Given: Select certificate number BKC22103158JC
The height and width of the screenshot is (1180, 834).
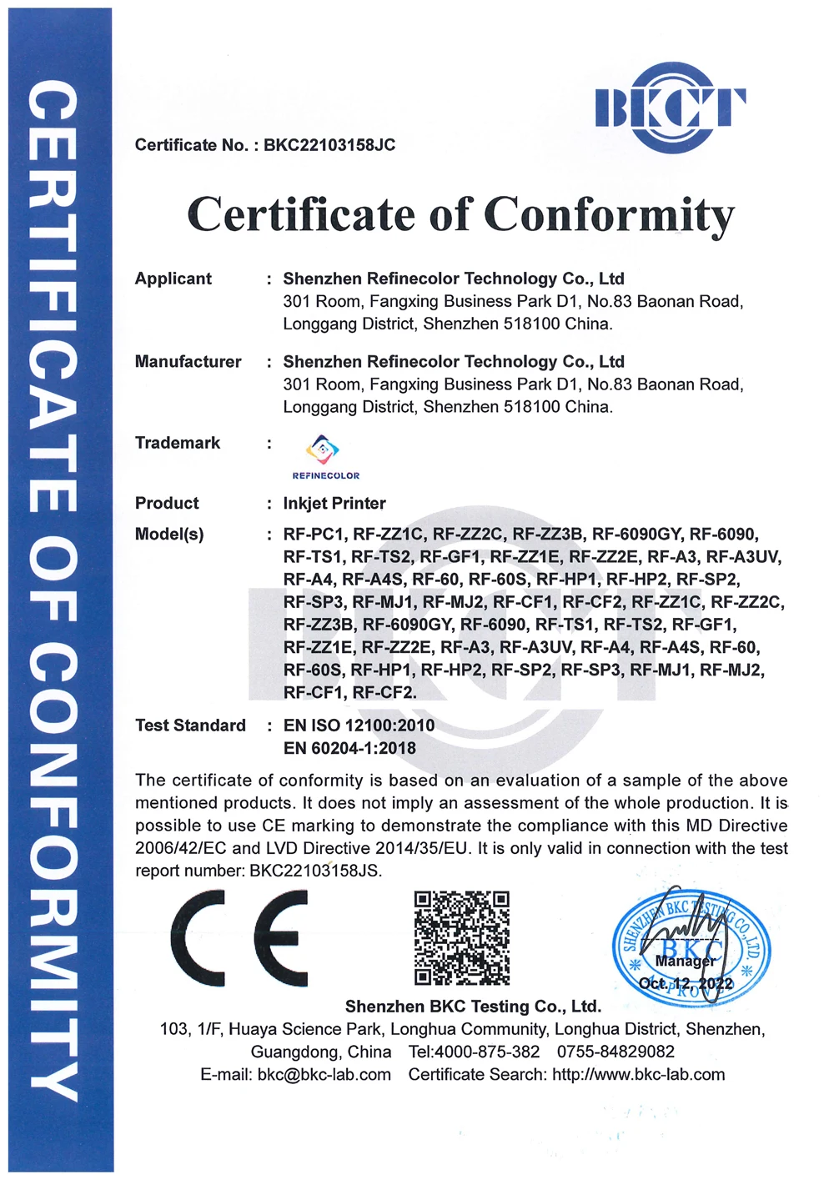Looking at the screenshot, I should (329, 145).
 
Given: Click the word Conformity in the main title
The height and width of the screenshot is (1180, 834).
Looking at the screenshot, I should (609, 215).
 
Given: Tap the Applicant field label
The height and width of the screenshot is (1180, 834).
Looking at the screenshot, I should (173, 279).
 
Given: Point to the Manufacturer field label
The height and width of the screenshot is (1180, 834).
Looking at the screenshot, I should (188, 362).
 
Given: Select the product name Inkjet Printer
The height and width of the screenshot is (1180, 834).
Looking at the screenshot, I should (334, 504).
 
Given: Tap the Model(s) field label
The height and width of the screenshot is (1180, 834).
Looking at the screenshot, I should (169, 535).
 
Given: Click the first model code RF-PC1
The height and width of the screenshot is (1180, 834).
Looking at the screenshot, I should (314, 535).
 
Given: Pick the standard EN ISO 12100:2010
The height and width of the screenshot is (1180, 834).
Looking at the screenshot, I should (359, 726).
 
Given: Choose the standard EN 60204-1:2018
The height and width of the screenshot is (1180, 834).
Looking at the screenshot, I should (349, 748).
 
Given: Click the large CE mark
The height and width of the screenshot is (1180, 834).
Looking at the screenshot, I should (239, 938).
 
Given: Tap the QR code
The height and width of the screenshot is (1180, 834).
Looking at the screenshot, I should (461, 938).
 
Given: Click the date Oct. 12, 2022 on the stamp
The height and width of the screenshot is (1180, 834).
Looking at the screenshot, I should (686, 984).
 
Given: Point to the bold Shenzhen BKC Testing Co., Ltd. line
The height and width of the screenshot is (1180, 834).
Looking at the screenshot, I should (473, 1007).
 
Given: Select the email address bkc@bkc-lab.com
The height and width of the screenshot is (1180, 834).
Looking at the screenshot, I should (324, 1074).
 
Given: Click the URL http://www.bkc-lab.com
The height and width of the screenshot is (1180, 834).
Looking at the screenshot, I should (638, 1074).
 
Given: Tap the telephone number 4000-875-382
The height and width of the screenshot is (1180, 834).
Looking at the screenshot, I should (487, 1052).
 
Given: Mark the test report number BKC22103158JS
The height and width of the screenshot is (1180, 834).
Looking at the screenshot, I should (315, 871).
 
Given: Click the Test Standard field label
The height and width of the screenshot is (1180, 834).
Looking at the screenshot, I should (190, 726).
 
